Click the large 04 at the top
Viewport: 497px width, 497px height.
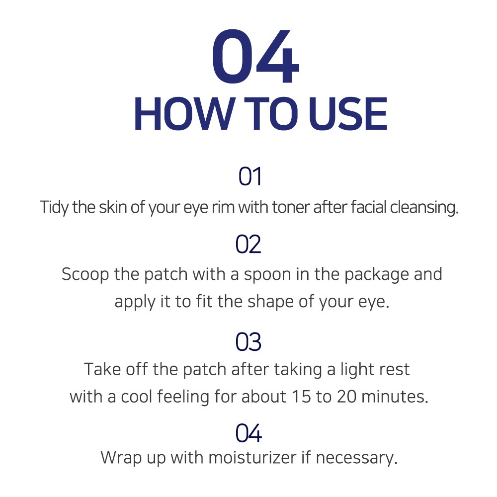pyautogui.click(x=255, y=56)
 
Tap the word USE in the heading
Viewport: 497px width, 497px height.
pyautogui.click(x=348, y=114)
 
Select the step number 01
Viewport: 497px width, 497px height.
pyautogui.click(x=250, y=176)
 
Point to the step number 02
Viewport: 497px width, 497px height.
pyautogui.click(x=248, y=244)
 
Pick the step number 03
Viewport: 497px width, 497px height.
pyautogui.click(x=248, y=342)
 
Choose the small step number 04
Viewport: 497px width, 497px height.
pyautogui.click(x=248, y=433)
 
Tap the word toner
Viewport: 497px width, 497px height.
pyautogui.click(x=291, y=208)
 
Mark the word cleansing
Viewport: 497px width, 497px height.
pyautogui.click(x=424, y=208)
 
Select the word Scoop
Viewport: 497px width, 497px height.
pyautogui.click(x=85, y=274)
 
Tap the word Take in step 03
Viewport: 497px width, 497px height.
pyautogui.click(x=102, y=369)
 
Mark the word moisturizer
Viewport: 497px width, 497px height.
pyautogui.click(x=252, y=458)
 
